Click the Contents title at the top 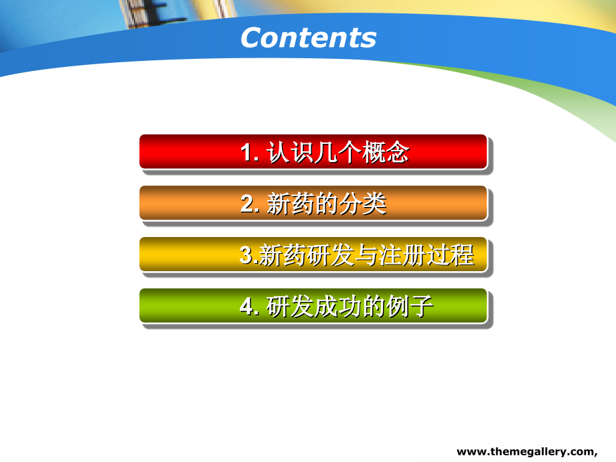click(308, 37)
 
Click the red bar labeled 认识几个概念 click(313, 152)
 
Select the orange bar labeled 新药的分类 click(313, 203)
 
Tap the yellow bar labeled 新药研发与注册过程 click(313, 254)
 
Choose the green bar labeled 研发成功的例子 click(313, 306)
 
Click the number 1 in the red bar click(246, 153)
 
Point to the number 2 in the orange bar click(246, 204)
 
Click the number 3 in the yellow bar click(245, 256)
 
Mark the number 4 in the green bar click(246, 307)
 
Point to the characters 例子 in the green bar click(410, 307)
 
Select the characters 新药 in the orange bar click(289, 204)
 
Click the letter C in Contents click(251, 38)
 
